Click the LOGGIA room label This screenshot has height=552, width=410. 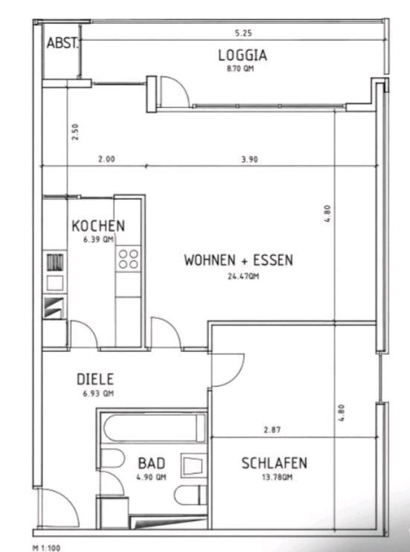click(x=243, y=55)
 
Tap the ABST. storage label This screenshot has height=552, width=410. click(x=63, y=43)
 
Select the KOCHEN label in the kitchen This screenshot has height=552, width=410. click(x=98, y=225)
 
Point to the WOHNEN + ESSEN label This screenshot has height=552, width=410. click(x=238, y=260)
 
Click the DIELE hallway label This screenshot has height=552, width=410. click(x=95, y=379)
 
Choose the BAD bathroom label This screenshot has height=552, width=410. click(x=152, y=463)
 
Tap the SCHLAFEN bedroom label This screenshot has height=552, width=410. click(x=274, y=463)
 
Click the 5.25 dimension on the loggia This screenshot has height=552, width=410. click(x=243, y=33)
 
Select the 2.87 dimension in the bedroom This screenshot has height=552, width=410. click(x=272, y=430)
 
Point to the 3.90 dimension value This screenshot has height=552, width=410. click(x=249, y=159)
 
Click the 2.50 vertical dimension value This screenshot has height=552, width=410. click(x=75, y=132)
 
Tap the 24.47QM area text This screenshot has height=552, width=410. click(x=243, y=276)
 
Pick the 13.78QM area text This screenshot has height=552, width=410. click(x=277, y=478)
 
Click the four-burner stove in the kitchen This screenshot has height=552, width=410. click(x=128, y=259)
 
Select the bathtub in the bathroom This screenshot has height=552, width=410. click(x=154, y=428)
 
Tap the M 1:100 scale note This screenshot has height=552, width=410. click(x=46, y=548)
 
